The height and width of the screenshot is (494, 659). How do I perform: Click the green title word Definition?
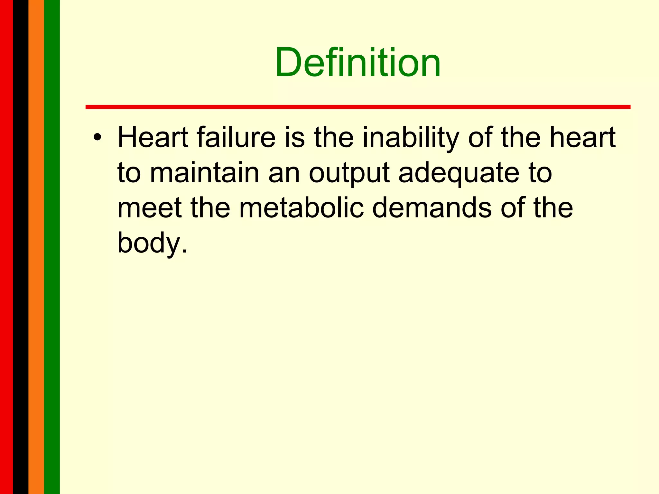tap(357, 62)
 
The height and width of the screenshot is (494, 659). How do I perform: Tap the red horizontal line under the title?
tap(357, 107)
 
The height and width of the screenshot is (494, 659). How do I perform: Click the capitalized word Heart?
tap(153, 138)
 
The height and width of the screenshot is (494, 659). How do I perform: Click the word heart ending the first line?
tap(582, 138)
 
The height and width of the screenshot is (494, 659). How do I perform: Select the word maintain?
tap(205, 173)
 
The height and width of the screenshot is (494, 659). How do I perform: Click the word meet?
tap(150, 208)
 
